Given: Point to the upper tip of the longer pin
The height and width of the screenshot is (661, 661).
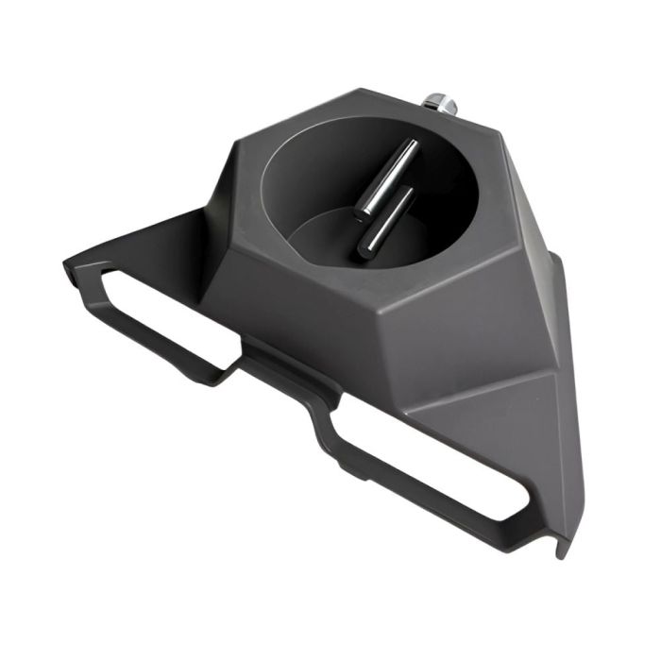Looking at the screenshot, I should tap(413, 144).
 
